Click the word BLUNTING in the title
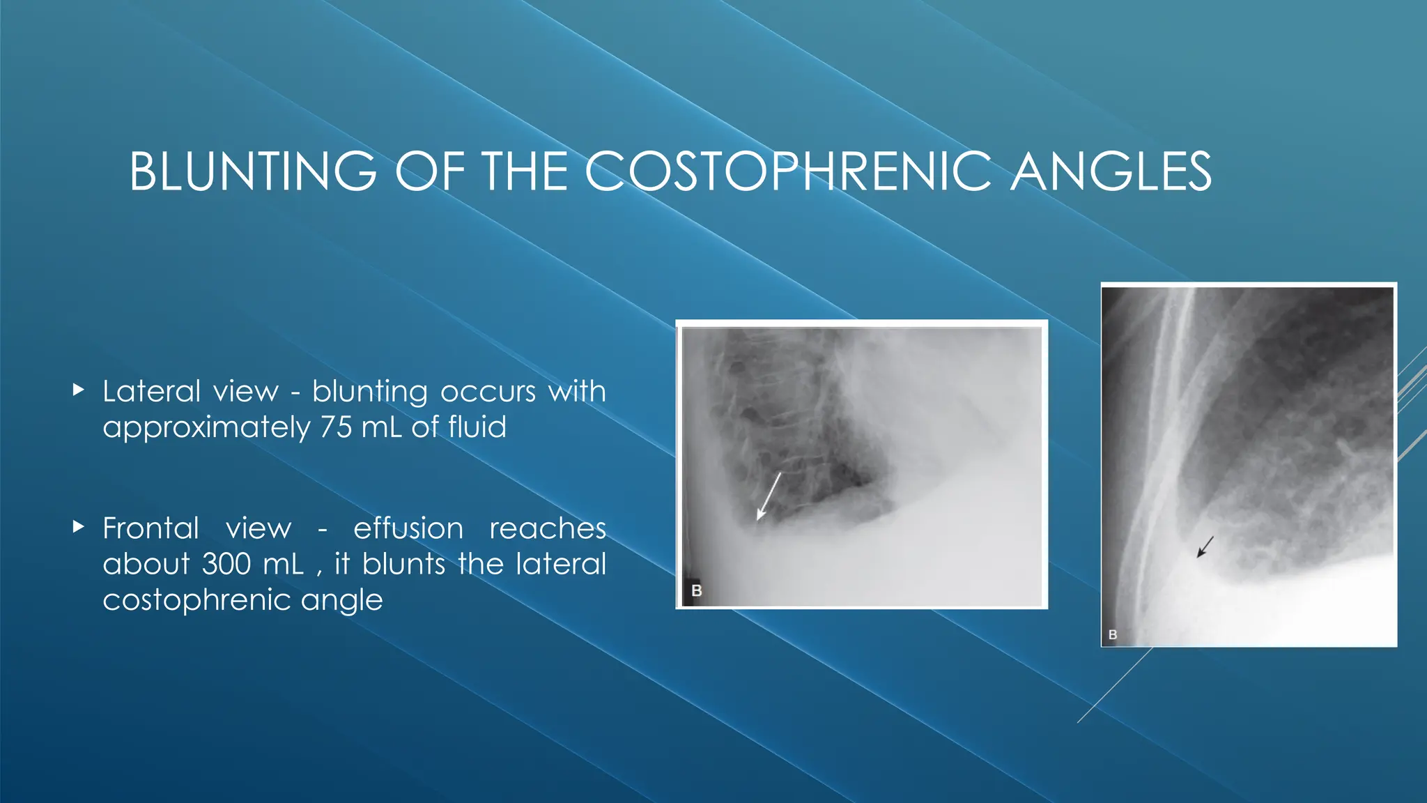point(253,171)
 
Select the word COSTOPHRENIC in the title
point(787,171)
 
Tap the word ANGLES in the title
point(1111,171)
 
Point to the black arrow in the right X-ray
point(1205,546)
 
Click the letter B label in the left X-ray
point(696,590)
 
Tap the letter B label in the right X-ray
point(1113,634)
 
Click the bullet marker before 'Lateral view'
point(78,390)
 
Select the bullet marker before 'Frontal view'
point(78,527)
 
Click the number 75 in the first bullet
point(336,427)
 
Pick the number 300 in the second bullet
point(226,563)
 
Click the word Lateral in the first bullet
point(151,391)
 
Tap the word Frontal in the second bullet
point(151,528)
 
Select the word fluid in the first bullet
point(477,427)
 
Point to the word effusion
point(408,528)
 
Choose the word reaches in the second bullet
point(548,528)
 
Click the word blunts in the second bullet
point(403,563)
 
